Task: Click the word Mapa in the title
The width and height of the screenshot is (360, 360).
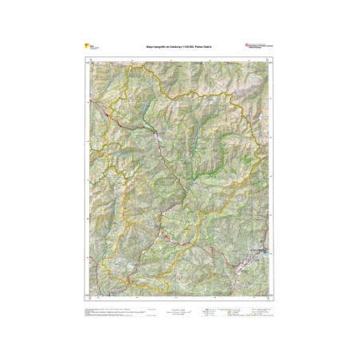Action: [149, 47]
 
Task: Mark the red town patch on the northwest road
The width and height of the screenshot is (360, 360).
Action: [108, 116]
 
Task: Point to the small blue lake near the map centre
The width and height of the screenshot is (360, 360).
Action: [191, 185]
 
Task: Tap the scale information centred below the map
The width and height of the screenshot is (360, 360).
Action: [180, 312]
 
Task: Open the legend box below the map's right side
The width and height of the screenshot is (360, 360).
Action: [239, 311]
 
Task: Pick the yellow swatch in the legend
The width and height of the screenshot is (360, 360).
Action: [231, 312]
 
